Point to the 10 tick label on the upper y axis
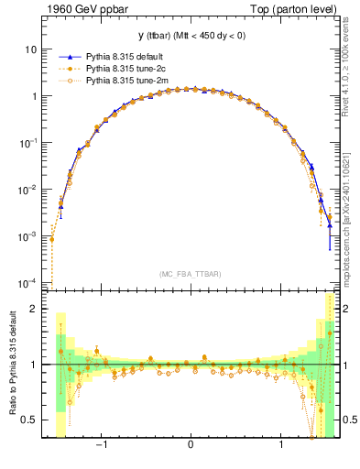pyautogui.click(x=31, y=49)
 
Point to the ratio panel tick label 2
pyautogui.click(x=34, y=309)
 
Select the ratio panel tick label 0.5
pyautogui.click(x=30, y=420)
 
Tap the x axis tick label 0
pyautogui.click(x=191, y=447)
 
